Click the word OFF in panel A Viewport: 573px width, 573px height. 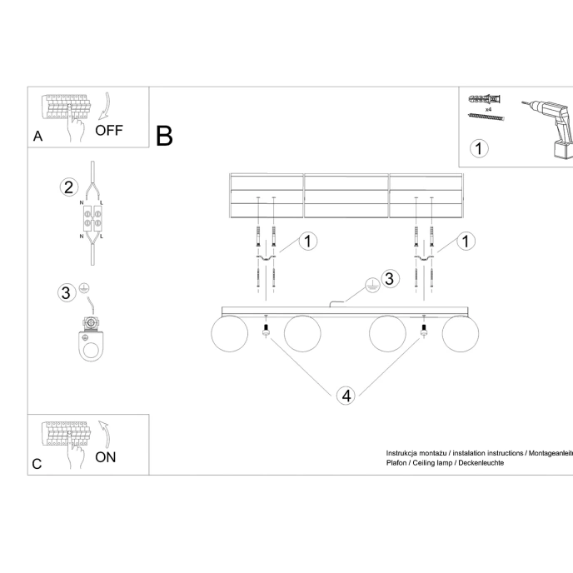[x=108, y=130]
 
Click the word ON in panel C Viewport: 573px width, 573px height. [x=105, y=456]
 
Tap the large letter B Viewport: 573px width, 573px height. [x=164, y=136]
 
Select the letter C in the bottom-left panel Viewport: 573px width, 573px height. [x=37, y=465]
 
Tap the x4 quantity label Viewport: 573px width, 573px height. [x=487, y=108]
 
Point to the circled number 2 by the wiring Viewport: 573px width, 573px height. [x=69, y=186]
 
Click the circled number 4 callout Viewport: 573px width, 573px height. [x=345, y=395]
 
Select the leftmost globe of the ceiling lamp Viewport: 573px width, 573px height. [x=229, y=334]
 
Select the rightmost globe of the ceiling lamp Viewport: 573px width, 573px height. [x=461, y=334]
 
